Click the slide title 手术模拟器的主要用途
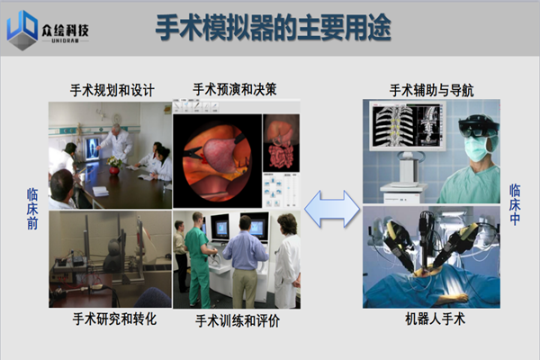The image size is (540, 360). coord(274,28)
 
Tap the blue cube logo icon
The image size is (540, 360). coord(22,31)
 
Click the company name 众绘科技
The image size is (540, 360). coord(65,31)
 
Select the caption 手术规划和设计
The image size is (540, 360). coord(112,90)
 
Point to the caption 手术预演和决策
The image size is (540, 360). coord(235,89)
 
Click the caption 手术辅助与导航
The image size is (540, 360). coord(431,91)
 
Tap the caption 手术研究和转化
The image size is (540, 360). coord(114,319)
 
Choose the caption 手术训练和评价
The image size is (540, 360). coord(238,321)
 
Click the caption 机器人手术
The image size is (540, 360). coord(435,319)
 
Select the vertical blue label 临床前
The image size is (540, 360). coord(32,209)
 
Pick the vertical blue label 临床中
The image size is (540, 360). coord(515,204)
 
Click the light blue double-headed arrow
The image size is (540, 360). coord(332,209)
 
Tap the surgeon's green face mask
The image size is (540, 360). coord(478,148)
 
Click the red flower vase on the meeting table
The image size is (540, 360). coord(114,170)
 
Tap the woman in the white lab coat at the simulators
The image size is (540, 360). coord(287,261)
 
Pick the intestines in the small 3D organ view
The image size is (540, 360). coord(282,157)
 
